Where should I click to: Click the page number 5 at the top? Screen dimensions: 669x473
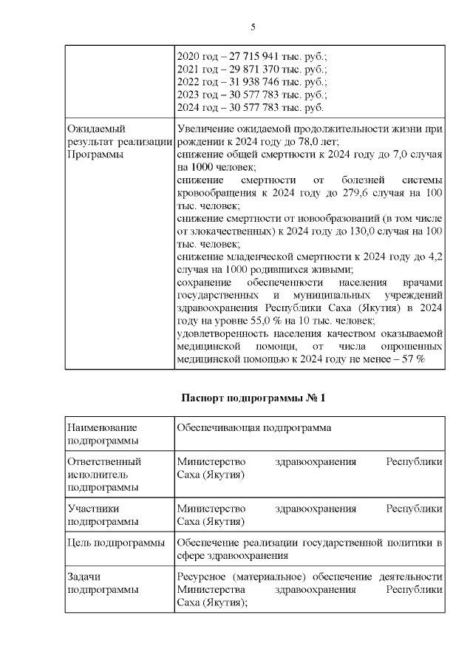pyautogui.click(x=253, y=27)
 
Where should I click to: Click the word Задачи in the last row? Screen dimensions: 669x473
pyautogui.click(x=84, y=576)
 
